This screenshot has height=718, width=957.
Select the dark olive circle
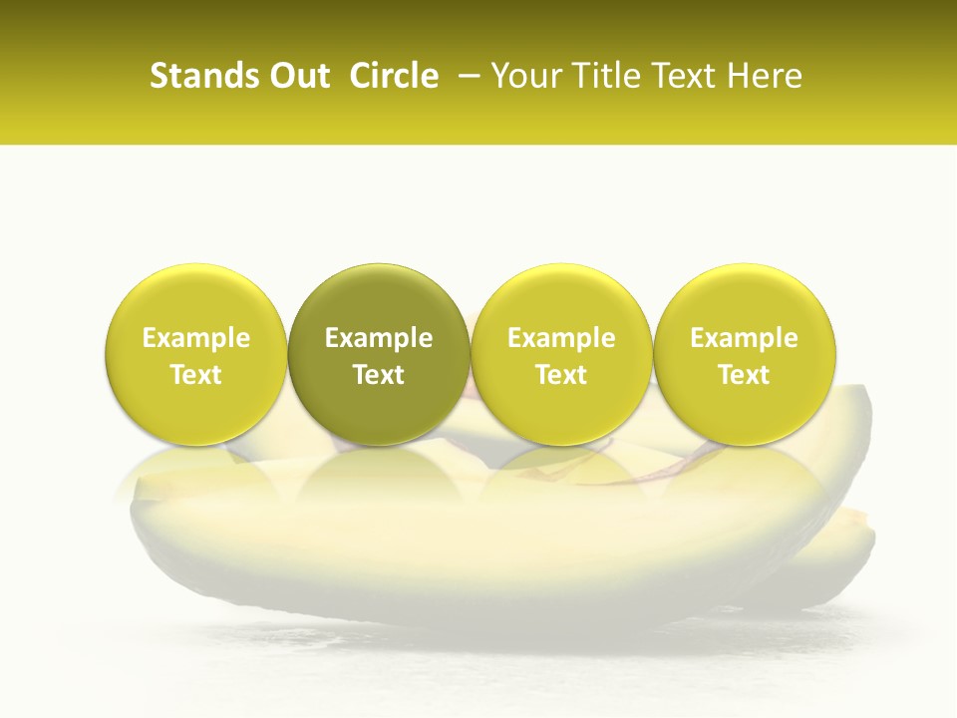379,354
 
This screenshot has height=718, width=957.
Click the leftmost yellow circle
196,354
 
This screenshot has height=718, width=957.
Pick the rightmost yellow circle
745,354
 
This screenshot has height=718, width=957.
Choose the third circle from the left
561,354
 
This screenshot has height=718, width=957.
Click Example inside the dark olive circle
379,338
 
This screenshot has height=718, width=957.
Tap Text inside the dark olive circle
379,375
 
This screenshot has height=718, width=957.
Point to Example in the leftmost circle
196,338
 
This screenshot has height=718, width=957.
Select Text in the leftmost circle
196,375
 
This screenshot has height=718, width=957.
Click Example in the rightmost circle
745,338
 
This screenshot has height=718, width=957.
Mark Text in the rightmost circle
745,375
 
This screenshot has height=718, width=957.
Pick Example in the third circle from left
561,338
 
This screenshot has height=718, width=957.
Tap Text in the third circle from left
561,375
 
